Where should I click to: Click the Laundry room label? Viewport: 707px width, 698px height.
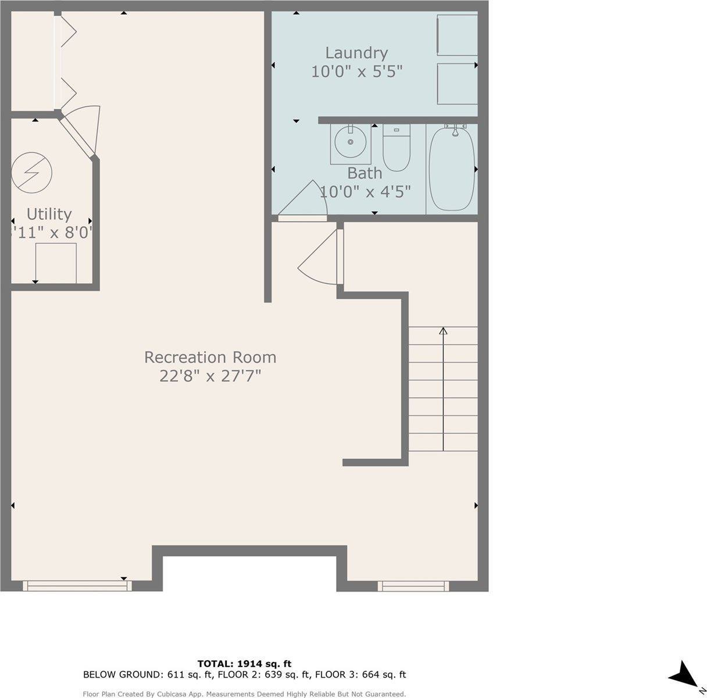(x=356, y=53)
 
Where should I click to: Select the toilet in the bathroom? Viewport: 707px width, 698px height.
(x=397, y=149)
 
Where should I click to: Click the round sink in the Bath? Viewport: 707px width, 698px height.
(x=351, y=142)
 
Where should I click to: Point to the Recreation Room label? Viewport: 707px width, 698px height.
(x=210, y=357)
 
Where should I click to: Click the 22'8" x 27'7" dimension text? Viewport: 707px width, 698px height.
(x=210, y=376)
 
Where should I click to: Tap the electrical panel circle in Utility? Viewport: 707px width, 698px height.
(x=32, y=173)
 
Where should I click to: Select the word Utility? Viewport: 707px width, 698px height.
(x=49, y=214)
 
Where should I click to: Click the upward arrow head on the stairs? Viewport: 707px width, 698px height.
(x=443, y=331)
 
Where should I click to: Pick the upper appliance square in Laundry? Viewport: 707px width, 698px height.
(x=457, y=35)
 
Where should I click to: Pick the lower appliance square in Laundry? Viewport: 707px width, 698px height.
(x=457, y=84)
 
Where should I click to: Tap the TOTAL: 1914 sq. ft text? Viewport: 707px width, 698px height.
(x=244, y=663)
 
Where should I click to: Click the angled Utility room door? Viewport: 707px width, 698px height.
(x=80, y=133)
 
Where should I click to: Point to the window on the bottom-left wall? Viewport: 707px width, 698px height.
(x=77, y=586)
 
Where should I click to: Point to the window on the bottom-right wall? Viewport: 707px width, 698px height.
(x=413, y=586)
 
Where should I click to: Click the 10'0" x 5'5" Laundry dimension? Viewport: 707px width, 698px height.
(x=356, y=72)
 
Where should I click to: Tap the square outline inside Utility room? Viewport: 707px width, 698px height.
(x=56, y=262)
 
